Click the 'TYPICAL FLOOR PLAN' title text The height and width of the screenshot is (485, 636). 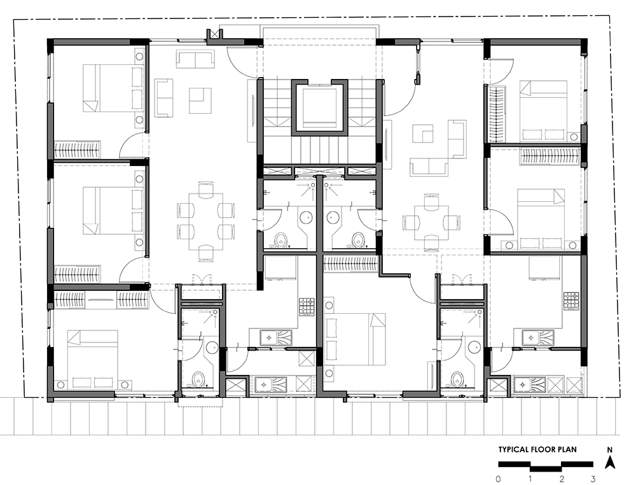point(537,449)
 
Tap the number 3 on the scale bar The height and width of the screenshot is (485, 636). point(593,479)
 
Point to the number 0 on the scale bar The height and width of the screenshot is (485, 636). point(498,479)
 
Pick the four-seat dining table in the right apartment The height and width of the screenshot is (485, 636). point(431,222)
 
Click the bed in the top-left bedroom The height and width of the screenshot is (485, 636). point(114,88)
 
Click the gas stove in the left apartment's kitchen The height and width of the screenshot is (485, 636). point(307,307)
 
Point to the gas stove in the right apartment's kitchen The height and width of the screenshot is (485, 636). point(570,302)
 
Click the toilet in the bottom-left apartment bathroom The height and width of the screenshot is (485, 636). point(198,379)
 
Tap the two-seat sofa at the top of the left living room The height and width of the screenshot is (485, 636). point(195,60)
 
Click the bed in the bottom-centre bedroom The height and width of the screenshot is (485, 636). point(354,339)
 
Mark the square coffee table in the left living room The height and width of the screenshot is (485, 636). point(200,101)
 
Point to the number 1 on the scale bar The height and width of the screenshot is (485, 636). point(530,479)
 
